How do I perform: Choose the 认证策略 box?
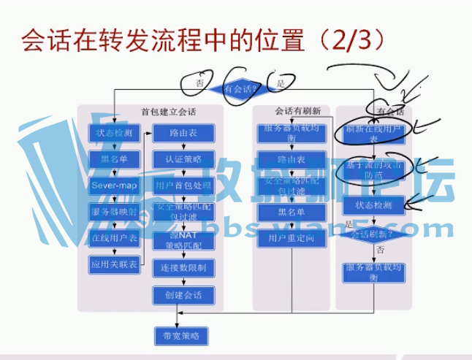183,158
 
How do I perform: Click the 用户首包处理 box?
183,185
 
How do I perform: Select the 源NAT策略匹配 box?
183,240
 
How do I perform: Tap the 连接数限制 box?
183,268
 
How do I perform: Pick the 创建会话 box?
183,295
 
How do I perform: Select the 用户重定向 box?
291,237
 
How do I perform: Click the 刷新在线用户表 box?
374,132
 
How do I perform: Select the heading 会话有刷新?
298,112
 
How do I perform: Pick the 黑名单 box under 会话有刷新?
291,211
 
